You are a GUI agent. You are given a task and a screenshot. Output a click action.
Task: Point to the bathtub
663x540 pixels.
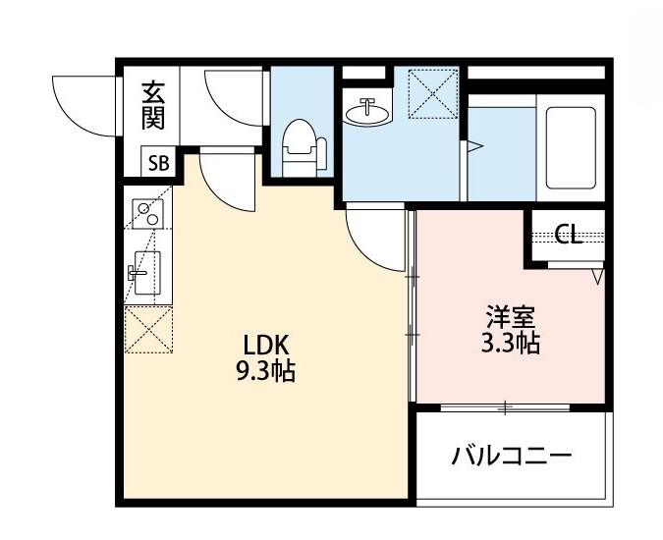[570, 147]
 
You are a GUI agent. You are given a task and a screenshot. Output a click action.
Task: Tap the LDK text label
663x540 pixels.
[265, 345]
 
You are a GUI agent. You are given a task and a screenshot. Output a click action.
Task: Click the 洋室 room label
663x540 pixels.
[512, 318]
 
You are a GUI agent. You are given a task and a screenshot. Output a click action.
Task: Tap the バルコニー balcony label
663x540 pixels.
[512, 456]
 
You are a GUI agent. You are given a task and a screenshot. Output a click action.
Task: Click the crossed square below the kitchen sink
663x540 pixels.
[148, 328]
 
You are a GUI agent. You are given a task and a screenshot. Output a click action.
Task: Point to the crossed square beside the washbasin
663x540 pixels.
[433, 92]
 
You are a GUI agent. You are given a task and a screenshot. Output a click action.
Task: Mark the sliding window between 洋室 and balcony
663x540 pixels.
[506, 405]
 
